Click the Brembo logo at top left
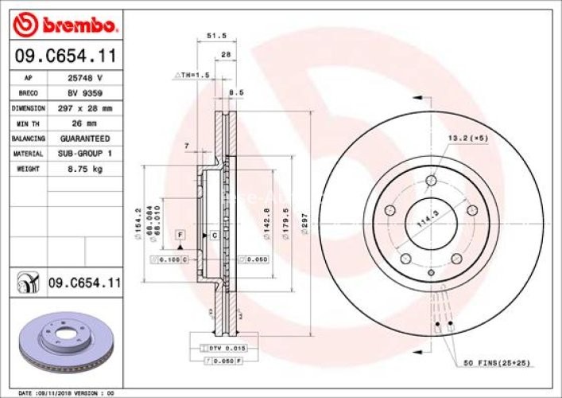pyautogui.click(x=67, y=25)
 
